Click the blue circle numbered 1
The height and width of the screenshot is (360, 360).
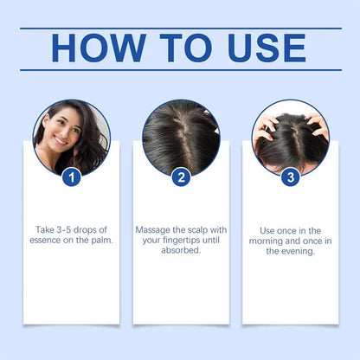tap(72, 177)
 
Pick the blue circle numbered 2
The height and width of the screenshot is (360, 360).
tap(181, 177)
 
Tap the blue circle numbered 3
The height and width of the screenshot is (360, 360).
tap(290, 177)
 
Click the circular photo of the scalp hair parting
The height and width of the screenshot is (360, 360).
tap(181, 137)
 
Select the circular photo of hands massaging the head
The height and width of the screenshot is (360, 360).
tap(290, 137)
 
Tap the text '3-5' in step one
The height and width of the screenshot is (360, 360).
tap(65, 230)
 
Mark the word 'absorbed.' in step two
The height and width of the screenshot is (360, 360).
tap(181, 251)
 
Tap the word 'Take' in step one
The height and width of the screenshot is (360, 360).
tap(45, 230)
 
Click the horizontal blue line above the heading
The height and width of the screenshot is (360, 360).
tap(180, 28)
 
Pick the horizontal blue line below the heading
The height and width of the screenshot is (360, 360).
tap(180, 70)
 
